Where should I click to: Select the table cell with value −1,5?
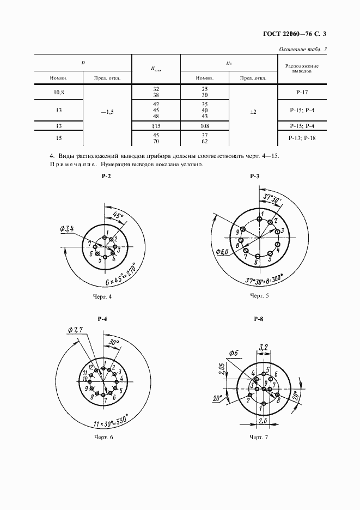coord(107,112)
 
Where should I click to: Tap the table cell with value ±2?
coord(253,112)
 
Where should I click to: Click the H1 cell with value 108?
coord(204,126)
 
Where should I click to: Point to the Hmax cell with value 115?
coord(156,126)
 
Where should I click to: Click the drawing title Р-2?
coord(106,177)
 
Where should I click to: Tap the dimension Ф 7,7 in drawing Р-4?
coord(76,330)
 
